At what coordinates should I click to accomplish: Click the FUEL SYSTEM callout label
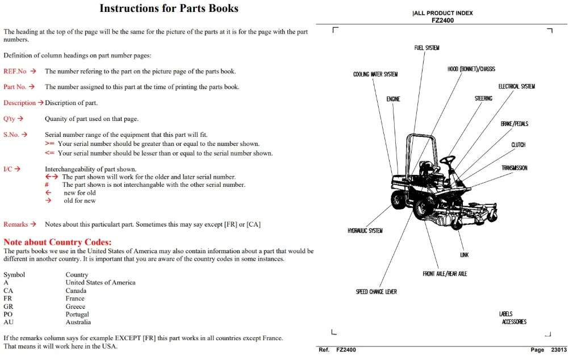tap(426, 48)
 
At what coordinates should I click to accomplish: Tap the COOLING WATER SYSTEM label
tap(375, 74)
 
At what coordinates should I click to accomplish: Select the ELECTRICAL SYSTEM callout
tap(516, 86)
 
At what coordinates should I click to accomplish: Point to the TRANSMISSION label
tap(514, 168)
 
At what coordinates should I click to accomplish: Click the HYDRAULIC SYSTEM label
tap(365, 231)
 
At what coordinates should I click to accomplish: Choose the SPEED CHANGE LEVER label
tap(376, 292)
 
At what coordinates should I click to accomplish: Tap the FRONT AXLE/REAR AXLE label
tap(445, 274)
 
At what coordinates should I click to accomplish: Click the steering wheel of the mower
tap(447, 160)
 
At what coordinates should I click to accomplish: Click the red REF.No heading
tap(15, 72)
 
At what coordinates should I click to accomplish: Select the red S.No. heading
tap(11, 135)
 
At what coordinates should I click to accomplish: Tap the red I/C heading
tap(8, 169)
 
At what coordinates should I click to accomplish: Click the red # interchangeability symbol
tap(47, 185)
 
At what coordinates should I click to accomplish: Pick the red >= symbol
tap(49, 144)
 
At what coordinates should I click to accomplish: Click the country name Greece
tap(76, 307)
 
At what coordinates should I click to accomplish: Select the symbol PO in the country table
tap(8, 315)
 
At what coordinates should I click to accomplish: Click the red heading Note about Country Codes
tap(57, 242)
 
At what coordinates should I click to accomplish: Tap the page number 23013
tap(559, 350)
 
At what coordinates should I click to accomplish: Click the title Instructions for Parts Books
tap(169, 9)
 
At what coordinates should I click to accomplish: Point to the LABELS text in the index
tap(506, 314)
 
